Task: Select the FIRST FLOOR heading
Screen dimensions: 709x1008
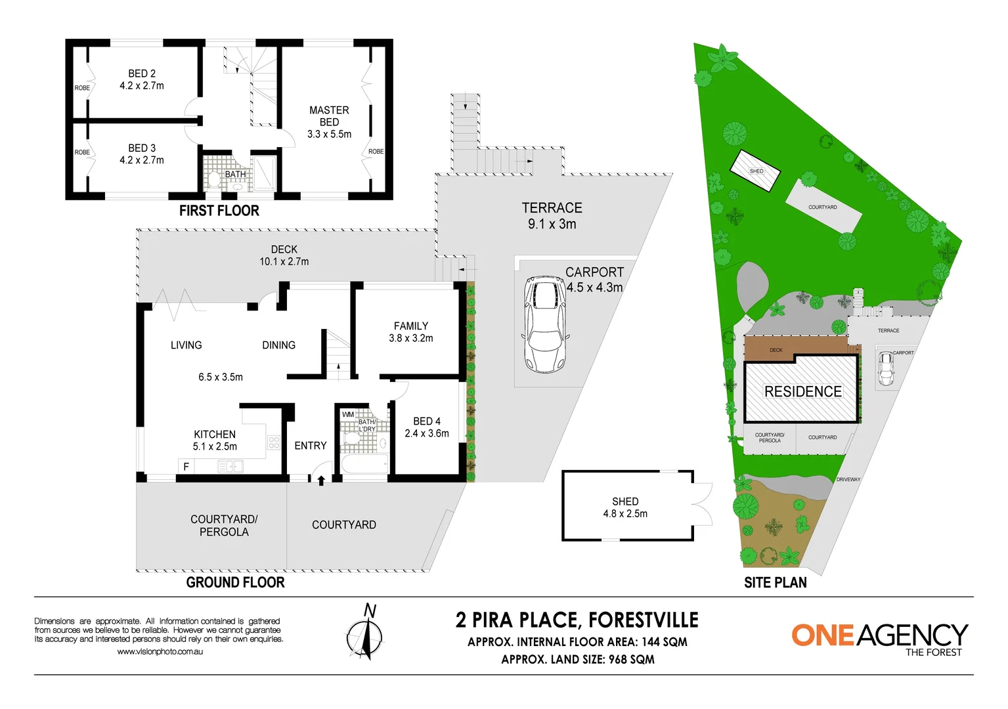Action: point(219,211)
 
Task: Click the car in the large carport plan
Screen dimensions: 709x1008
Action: point(544,324)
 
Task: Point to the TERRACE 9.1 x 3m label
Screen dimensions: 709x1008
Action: point(552,216)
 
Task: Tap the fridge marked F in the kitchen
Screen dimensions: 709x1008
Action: point(186,467)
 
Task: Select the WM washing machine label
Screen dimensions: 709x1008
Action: point(347,414)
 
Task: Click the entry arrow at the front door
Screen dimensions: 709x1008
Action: point(321,480)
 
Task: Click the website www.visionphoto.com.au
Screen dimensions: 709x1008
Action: point(160,652)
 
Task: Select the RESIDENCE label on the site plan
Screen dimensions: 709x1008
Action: point(802,391)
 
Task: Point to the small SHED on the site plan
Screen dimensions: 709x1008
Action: point(755,171)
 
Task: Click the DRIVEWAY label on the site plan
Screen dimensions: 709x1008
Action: point(848,479)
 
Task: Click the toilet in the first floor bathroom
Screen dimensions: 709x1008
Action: point(213,179)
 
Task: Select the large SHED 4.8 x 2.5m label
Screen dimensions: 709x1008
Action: point(625,507)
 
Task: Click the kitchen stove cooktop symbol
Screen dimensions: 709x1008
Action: point(274,442)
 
